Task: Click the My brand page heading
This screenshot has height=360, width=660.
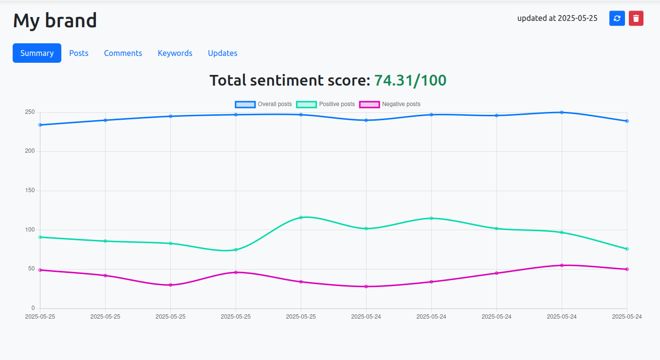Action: click(x=55, y=20)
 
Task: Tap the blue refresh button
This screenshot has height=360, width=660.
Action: click(x=617, y=18)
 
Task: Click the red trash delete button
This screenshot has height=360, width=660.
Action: click(x=636, y=18)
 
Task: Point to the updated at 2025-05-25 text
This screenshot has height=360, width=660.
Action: click(x=557, y=18)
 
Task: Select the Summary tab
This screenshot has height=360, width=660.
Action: click(x=37, y=53)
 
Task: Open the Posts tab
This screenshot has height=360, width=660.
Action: click(x=79, y=53)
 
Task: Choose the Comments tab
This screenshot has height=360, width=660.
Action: click(x=123, y=53)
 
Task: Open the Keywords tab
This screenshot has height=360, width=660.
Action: click(x=175, y=53)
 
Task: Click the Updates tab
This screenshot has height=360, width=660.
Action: click(x=222, y=53)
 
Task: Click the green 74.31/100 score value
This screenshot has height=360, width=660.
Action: click(x=410, y=80)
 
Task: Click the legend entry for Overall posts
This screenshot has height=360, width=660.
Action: click(x=263, y=104)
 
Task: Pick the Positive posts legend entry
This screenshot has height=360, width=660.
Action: click(x=326, y=104)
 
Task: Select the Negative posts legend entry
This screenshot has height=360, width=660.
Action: click(x=389, y=104)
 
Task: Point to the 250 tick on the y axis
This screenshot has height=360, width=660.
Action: click(x=30, y=112)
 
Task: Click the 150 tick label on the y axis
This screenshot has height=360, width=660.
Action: click(x=30, y=191)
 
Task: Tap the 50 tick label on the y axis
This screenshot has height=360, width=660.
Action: click(x=31, y=269)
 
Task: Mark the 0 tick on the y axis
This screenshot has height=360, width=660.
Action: click(x=33, y=308)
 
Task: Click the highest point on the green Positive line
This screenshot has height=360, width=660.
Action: click(x=301, y=217)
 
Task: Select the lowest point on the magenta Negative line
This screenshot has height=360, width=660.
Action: click(x=366, y=287)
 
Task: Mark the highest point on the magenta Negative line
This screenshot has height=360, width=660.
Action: click(x=562, y=265)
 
